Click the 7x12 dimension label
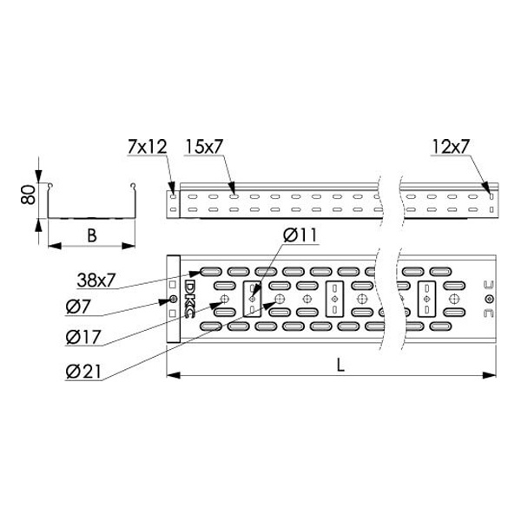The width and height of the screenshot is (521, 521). (x=148, y=147)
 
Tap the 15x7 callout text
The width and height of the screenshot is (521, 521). (x=204, y=147)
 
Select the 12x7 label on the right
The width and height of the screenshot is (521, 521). (x=451, y=147)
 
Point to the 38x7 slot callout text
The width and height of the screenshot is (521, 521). (x=96, y=280)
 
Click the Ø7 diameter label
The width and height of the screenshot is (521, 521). (x=78, y=306)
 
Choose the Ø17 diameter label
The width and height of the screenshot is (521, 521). (x=83, y=337)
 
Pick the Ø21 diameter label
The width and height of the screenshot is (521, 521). (x=83, y=372)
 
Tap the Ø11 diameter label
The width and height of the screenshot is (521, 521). (x=300, y=235)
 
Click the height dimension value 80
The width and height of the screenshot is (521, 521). (x=28, y=195)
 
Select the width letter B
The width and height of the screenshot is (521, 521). (x=92, y=235)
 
